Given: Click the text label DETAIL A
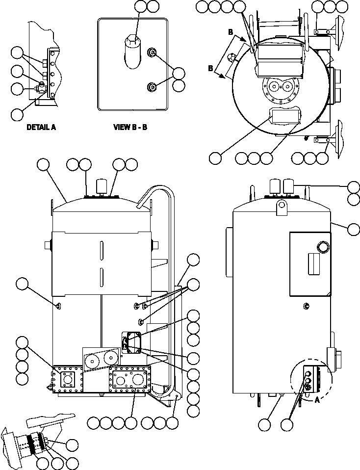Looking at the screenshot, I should [x=41, y=127].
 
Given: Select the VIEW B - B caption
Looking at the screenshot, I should [x=130, y=127].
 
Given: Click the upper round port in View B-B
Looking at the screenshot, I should [x=153, y=53].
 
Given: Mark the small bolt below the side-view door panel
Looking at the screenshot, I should [x=306, y=306].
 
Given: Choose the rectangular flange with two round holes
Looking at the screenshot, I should [x=130, y=380].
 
